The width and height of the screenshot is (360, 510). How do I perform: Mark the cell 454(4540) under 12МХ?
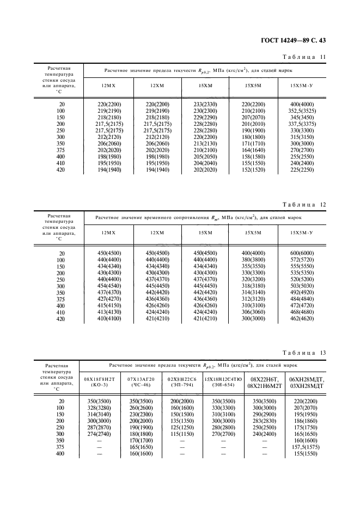(109, 286)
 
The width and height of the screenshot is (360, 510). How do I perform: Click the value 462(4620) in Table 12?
(302, 319)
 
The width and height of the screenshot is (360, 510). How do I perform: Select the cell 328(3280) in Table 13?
(99, 408)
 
